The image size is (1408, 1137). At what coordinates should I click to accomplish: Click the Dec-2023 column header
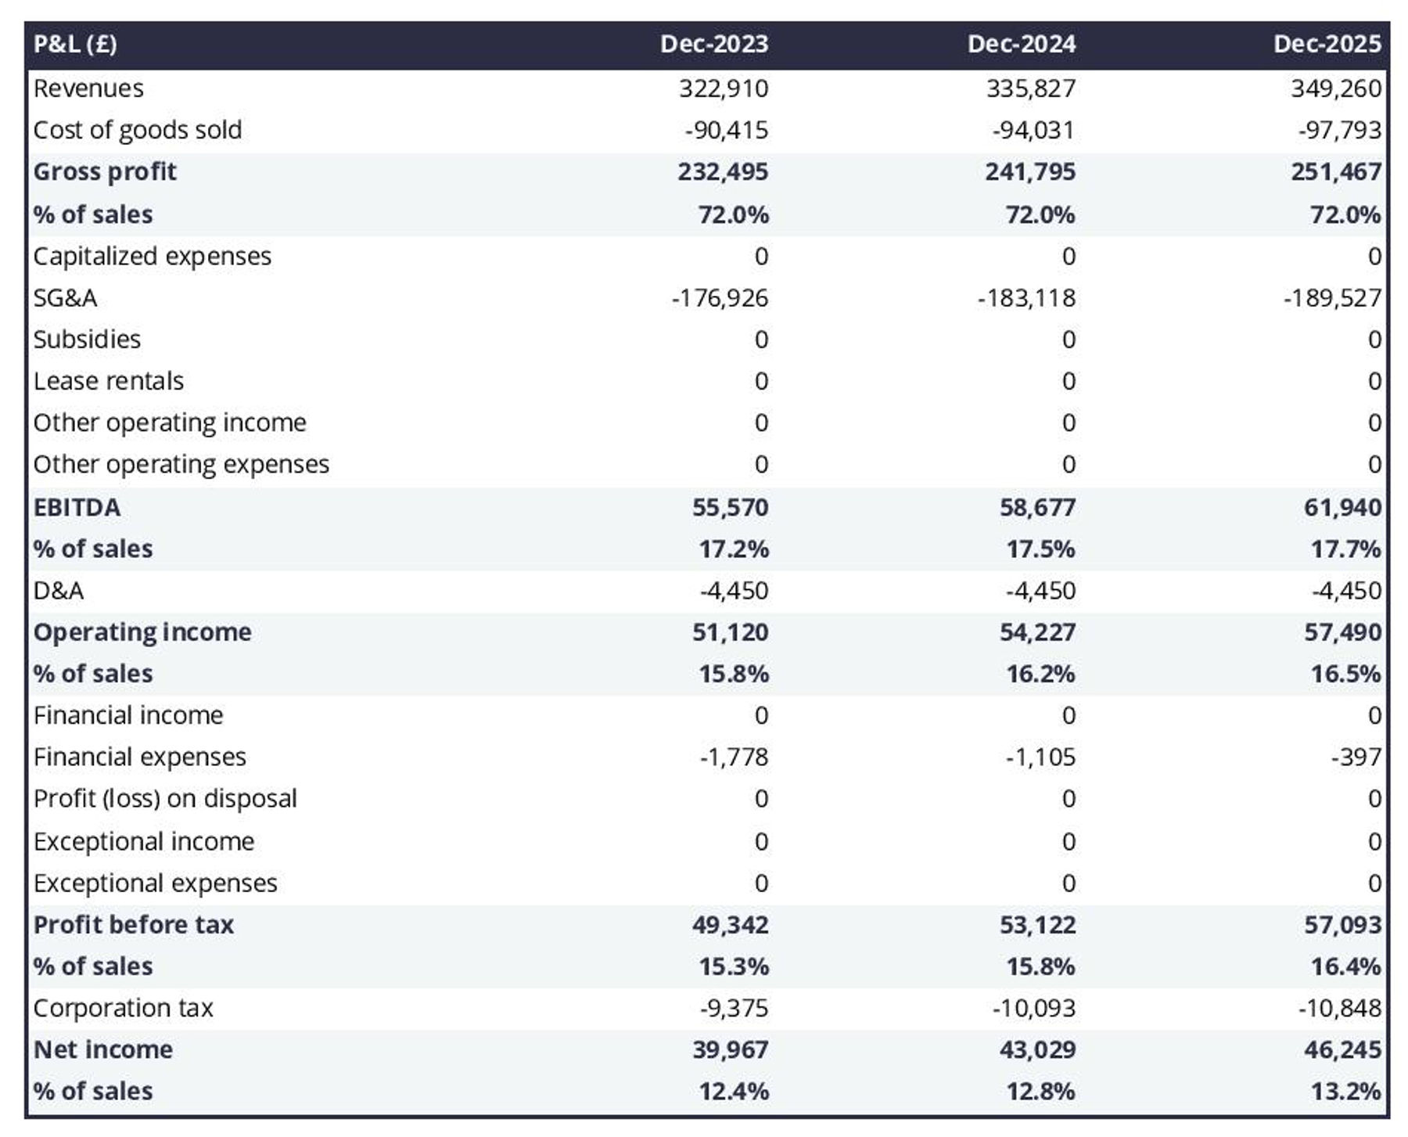point(713,44)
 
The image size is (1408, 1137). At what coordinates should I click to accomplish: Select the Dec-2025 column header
point(1327,44)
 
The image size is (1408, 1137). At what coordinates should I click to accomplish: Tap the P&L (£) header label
point(75,44)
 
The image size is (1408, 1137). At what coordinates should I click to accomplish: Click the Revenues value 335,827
point(1030,88)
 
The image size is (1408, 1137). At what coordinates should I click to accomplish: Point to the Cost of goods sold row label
point(138,130)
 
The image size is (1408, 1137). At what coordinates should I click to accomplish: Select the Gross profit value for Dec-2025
point(1336,172)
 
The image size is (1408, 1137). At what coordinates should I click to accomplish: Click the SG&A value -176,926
point(720,298)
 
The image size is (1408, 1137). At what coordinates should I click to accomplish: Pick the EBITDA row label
point(77,508)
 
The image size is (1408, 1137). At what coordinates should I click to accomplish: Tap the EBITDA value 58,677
point(1037,508)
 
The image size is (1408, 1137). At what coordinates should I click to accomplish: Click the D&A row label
point(59,591)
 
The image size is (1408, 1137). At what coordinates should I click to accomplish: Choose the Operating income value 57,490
point(1342,632)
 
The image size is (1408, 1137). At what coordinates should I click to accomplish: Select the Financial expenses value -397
point(1356,757)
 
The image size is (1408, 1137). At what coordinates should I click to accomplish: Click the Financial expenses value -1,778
point(734,757)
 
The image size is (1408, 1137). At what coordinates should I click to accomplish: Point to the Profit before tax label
point(134,925)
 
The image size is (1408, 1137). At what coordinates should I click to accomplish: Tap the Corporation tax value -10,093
point(1033,1009)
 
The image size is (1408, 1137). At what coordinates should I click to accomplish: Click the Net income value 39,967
point(730,1050)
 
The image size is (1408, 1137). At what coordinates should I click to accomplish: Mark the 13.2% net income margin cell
point(1345,1092)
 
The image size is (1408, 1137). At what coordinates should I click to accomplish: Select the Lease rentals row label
point(109,381)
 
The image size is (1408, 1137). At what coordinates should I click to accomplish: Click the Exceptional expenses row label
point(156,883)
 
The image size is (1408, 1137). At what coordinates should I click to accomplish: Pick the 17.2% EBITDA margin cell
point(734,549)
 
